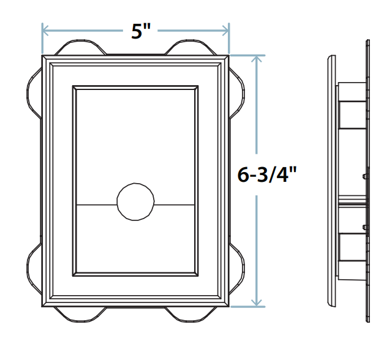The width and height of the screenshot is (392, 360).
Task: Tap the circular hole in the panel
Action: pyautogui.click(x=135, y=202)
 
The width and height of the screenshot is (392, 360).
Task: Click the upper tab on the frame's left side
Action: pyautogui.click(x=34, y=91)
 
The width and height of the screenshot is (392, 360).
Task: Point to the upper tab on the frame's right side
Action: pyautogui.click(x=236, y=91)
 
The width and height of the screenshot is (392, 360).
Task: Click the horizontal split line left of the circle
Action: pyautogui.click(x=95, y=203)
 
